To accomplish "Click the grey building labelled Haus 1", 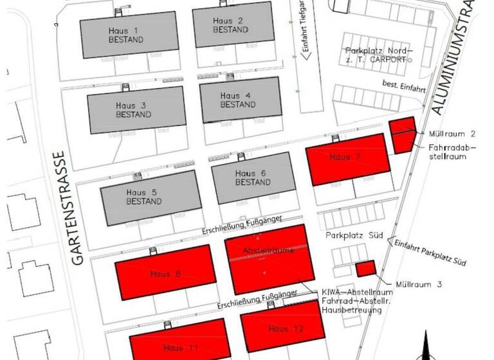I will tap(128, 35).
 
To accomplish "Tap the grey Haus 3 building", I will tap(136, 110).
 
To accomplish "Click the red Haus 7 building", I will tap(348, 158).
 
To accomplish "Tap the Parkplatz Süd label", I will tap(354, 236).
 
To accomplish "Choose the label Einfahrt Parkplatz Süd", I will tap(430, 253).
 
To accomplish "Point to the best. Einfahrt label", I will tap(404, 84).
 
